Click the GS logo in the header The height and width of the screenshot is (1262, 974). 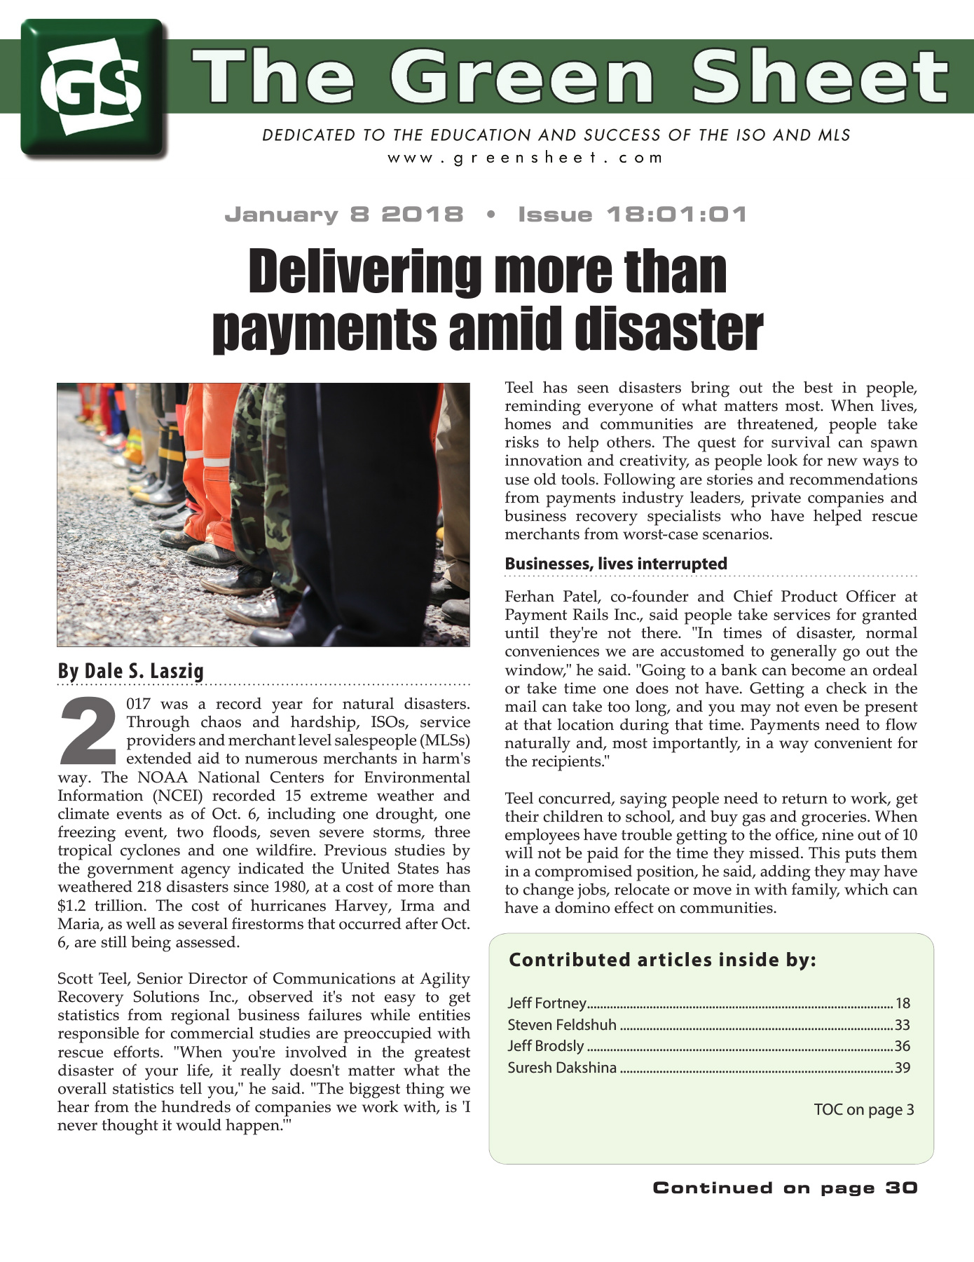tap(93, 87)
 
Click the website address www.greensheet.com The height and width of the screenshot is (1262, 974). tap(525, 158)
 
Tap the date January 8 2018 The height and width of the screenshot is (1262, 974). tap(343, 215)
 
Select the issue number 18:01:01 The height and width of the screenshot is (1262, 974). tap(676, 215)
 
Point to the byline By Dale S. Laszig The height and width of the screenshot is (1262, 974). tap(130, 671)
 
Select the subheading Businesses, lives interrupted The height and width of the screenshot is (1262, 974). tap(615, 564)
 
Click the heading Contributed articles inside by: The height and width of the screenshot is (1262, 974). tap(662, 960)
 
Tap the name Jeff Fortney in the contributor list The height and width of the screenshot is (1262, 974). tap(547, 1003)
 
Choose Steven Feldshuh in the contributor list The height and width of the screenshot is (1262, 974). tap(561, 1025)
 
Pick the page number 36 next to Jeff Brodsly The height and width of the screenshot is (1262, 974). tap(902, 1047)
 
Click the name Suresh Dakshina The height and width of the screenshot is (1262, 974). tap(562, 1068)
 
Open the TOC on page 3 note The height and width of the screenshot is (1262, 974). tap(863, 1110)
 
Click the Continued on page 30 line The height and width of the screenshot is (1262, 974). tap(785, 1188)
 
